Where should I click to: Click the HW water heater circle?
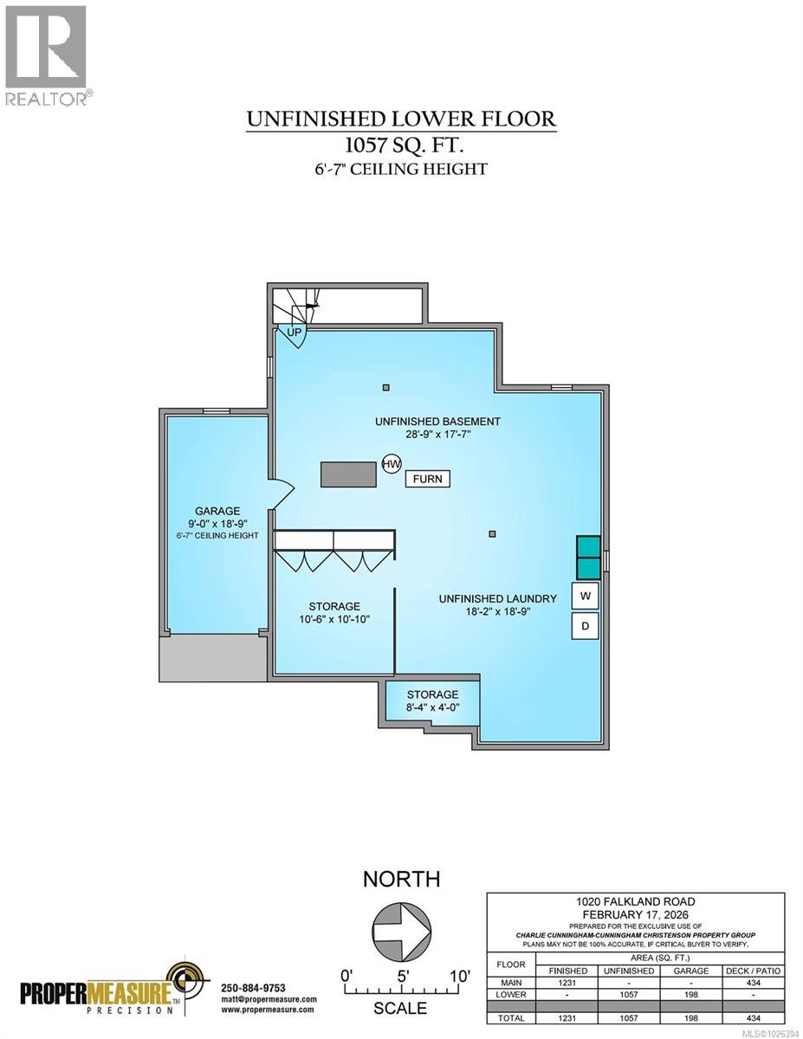pos(392,464)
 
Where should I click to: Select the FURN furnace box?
pos(428,479)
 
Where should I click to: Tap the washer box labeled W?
pos(585,596)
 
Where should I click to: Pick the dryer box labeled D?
pos(585,626)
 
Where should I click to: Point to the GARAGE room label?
pos(217,511)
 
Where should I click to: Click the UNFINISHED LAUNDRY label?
pos(496,598)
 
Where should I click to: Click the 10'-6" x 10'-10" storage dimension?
pos(334,620)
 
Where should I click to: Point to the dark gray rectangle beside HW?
pos(348,475)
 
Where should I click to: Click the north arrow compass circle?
pos(401,934)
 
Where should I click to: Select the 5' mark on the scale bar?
pos(403,976)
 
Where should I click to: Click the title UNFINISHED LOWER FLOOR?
pos(401,119)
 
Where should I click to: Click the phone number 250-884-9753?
pos(253,988)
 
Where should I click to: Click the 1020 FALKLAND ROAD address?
pos(636,901)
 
